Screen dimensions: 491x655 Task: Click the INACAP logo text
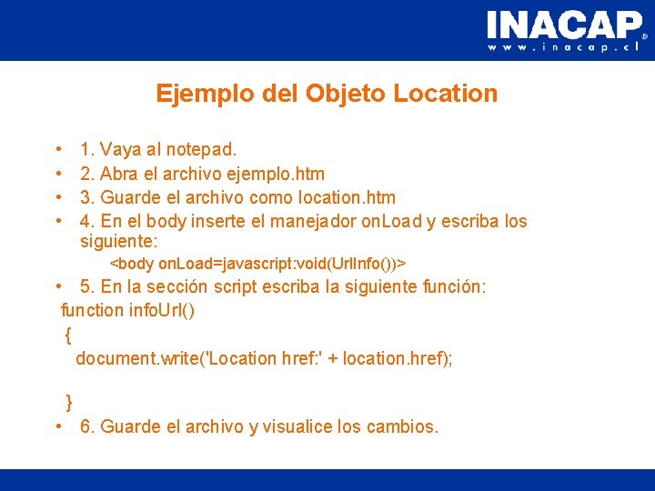564,25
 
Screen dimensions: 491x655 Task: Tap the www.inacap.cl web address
564,47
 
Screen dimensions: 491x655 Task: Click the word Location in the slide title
446,94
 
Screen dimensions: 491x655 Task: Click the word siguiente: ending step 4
119,242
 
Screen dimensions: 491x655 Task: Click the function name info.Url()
162,310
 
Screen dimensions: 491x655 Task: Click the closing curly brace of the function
69,402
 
